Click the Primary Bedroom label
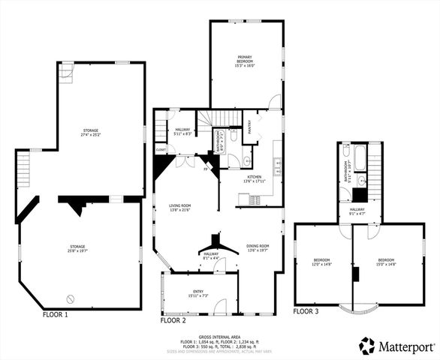pyautogui.click(x=246, y=61)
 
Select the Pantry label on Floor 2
pyautogui.click(x=249, y=127)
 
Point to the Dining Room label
pyautogui.click(x=258, y=248)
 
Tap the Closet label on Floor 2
pyautogui.click(x=161, y=149)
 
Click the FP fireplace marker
pyautogui.click(x=206, y=169)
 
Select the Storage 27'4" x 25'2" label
pyautogui.click(x=90, y=133)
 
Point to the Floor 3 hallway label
pyautogui.click(x=357, y=211)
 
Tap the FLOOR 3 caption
pyautogui.click(x=306, y=310)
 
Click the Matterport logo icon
pyautogui.click(x=366, y=346)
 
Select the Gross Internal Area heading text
pyautogui.click(x=219, y=337)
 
